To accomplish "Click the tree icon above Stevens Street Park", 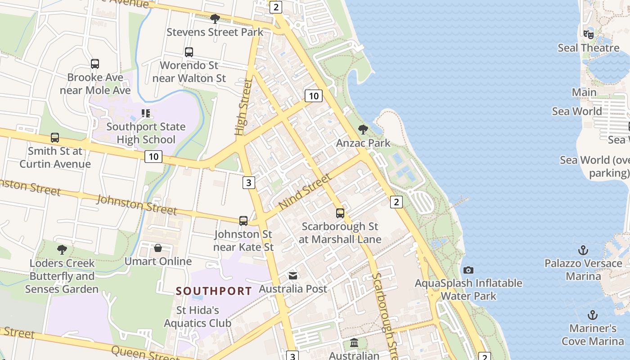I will click(x=215, y=18).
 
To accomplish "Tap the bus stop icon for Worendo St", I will click(x=189, y=52).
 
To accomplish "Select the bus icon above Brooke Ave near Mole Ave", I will click(x=95, y=64).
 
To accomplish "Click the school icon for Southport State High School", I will click(x=145, y=113).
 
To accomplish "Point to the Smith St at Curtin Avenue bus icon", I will click(x=55, y=138).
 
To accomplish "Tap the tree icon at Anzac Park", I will click(x=363, y=130).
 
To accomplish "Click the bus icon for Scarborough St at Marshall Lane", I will click(x=340, y=213).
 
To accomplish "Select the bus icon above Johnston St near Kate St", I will click(x=243, y=220).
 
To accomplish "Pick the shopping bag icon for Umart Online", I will click(x=158, y=248).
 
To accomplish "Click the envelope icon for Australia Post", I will click(x=293, y=275).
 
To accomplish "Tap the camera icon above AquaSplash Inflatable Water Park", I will click(x=468, y=270).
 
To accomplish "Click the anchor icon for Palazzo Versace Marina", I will click(x=583, y=250).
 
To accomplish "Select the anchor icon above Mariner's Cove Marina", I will click(x=593, y=315).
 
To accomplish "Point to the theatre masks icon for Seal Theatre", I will click(x=588, y=34).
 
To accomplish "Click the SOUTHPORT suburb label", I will click(x=214, y=291).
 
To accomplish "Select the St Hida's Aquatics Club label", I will click(x=198, y=316).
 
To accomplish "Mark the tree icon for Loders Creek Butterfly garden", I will click(x=62, y=249).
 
